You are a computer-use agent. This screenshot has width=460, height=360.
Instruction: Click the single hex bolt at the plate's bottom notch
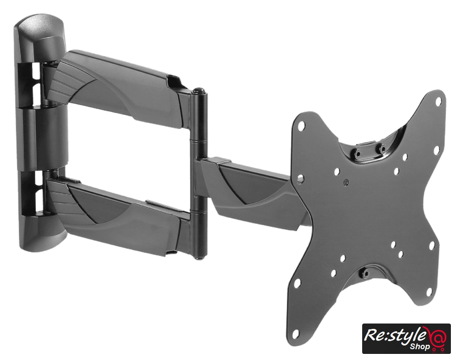(x=365, y=274)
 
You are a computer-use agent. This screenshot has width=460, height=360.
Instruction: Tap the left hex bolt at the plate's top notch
(x=357, y=154)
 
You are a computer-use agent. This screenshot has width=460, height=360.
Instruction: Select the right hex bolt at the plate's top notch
(x=382, y=148)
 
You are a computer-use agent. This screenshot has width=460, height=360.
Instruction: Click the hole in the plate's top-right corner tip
(x=439, y=102)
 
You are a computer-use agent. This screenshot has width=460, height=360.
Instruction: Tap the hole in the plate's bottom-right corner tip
(x=430, y=291)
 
